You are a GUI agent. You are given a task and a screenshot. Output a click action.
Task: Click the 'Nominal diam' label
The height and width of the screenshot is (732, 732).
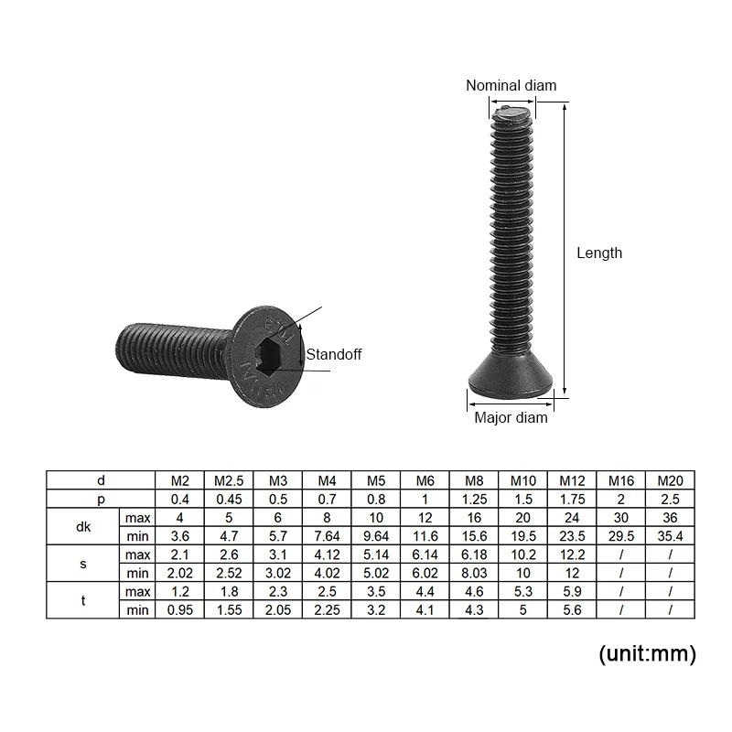coord(511,86)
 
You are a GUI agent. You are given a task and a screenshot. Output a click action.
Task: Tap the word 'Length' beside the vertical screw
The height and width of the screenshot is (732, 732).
coord(599,253)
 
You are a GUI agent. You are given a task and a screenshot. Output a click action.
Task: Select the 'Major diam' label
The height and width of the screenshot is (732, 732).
coord(511,418)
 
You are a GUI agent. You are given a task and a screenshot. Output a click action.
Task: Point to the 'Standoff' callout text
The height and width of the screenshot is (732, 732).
coord(334,354)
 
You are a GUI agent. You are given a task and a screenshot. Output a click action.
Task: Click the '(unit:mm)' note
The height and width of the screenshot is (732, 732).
coord(647,653)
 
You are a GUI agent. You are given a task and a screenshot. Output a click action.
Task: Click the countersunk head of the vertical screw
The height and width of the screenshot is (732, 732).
coord(511,376)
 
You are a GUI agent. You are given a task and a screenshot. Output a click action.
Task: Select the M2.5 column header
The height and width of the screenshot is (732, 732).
coord(228,480)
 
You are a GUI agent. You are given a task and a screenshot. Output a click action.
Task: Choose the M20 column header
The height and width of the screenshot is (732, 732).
coord(670,480)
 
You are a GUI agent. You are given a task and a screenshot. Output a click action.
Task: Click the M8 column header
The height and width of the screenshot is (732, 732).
coord(474,480)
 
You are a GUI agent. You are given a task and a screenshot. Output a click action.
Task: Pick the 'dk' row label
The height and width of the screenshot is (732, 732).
coord(82,526)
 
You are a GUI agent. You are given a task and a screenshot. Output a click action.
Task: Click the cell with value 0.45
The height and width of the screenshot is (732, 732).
coord(228,499)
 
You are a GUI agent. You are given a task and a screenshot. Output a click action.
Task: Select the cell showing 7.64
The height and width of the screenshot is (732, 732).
coord(327,535)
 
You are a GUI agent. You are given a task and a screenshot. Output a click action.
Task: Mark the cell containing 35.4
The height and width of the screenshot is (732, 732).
coord(670,535)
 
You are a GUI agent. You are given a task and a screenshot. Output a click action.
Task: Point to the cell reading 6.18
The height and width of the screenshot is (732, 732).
coord(474,554)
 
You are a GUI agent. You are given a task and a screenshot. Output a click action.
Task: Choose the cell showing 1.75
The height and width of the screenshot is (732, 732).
coord(572,499)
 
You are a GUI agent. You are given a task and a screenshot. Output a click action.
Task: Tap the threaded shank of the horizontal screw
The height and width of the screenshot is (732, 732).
coord(170,344)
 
